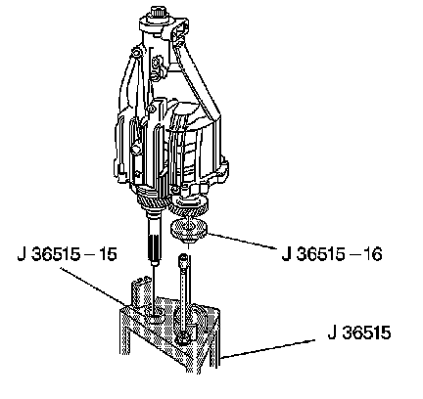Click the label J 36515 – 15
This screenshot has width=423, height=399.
[x=67, y=254]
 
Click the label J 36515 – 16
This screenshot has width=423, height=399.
[x=332, y=254]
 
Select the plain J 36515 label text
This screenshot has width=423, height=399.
[x=359, y=332]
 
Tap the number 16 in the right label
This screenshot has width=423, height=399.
[x=371, y=254]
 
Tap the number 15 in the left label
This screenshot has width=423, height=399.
[x=107, y=254]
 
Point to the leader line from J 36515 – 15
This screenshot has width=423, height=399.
[x=93, y=286]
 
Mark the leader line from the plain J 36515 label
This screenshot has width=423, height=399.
[x=267, y=349]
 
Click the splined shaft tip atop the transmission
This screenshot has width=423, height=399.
[x=159, y=13]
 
